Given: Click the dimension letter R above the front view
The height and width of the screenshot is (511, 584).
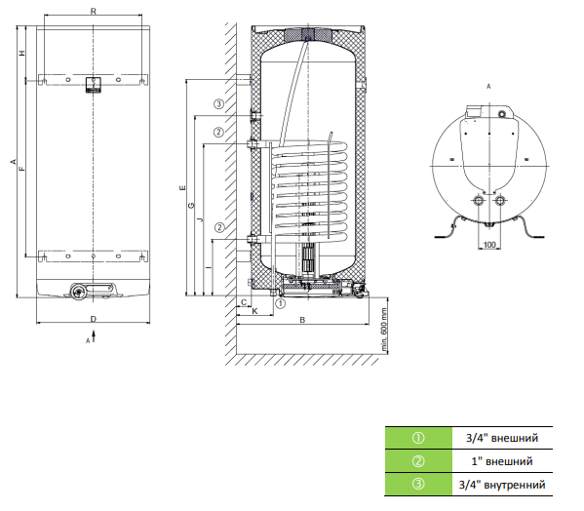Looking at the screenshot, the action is pyautogui.click(x=94, y=11).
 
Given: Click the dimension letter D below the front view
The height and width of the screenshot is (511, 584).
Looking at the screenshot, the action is pyautogui.click(x=94, y=319).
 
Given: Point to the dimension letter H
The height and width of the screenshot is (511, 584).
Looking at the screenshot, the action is pyautogui.click(x=22, y=53).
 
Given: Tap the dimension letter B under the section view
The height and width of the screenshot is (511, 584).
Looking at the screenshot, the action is pyautogui.click(x=302, y=320).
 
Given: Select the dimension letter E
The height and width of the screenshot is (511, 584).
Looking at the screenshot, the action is pyautogui.click(x=182, y=187).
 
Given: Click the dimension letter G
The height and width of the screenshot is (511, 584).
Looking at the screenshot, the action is pyautogui.click(x=191, y=205).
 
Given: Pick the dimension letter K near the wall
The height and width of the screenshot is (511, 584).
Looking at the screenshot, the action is pyautogui.click(x=254, y=311).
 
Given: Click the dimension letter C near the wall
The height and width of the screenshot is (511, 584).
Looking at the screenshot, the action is pyautogui.click(x=244, y=302).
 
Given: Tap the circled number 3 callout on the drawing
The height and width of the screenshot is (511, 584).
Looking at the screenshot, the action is pyautogui.click(x=219, y=104).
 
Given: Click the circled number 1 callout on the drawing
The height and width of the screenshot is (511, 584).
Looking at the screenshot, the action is pyautogui.click(x=281, y=303).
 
